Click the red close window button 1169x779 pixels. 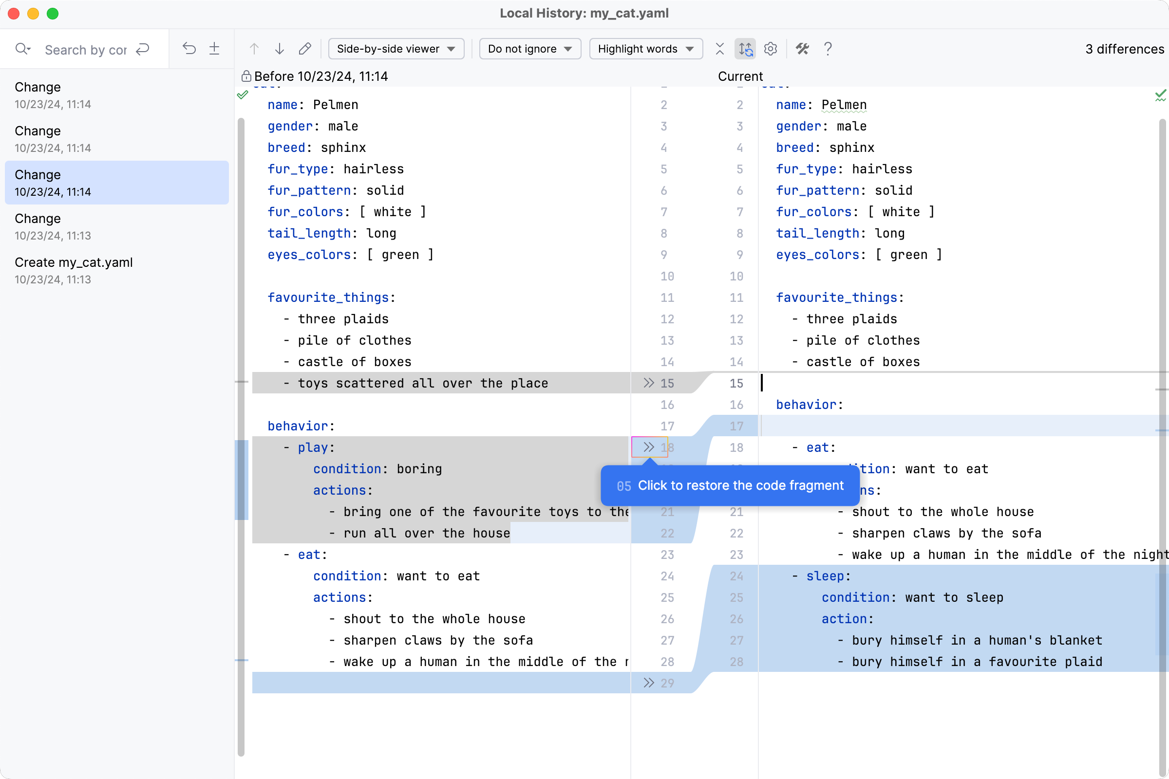point(14,14)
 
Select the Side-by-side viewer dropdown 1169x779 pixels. point(396,49)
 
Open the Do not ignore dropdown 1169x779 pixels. point(529,49)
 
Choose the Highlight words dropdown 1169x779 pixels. point(645,49)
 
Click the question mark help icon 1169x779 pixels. point(828,49)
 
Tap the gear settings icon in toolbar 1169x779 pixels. point(771,49)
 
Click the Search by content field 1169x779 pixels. point(86,50)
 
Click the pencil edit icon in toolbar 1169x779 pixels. point(305,49)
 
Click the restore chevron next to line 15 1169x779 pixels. point(648,383)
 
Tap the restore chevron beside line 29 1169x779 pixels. point(648,683)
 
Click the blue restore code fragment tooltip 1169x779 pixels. point(730,485)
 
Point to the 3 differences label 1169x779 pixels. point(1124,49)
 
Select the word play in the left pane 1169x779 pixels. point(313,447)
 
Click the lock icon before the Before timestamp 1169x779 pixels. point(246,76)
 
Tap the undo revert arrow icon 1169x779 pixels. point(189,49)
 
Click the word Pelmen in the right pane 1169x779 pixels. point(844,105)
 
